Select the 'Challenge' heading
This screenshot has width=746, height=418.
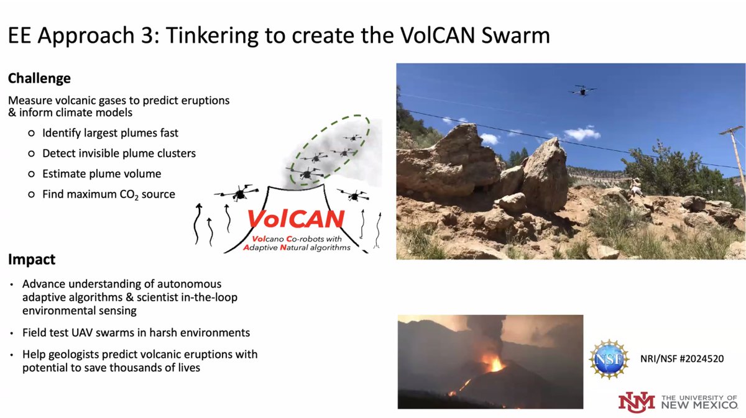[x=39, y=79]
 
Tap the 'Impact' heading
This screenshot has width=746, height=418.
[x=32, y=259]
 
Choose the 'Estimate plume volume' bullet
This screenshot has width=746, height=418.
[x=101, y=173]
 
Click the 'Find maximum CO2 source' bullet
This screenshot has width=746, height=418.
[x=108, y=194]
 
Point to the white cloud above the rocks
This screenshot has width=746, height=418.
[x=582, y=134]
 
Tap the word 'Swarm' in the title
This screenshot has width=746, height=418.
[x=515, y=35]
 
